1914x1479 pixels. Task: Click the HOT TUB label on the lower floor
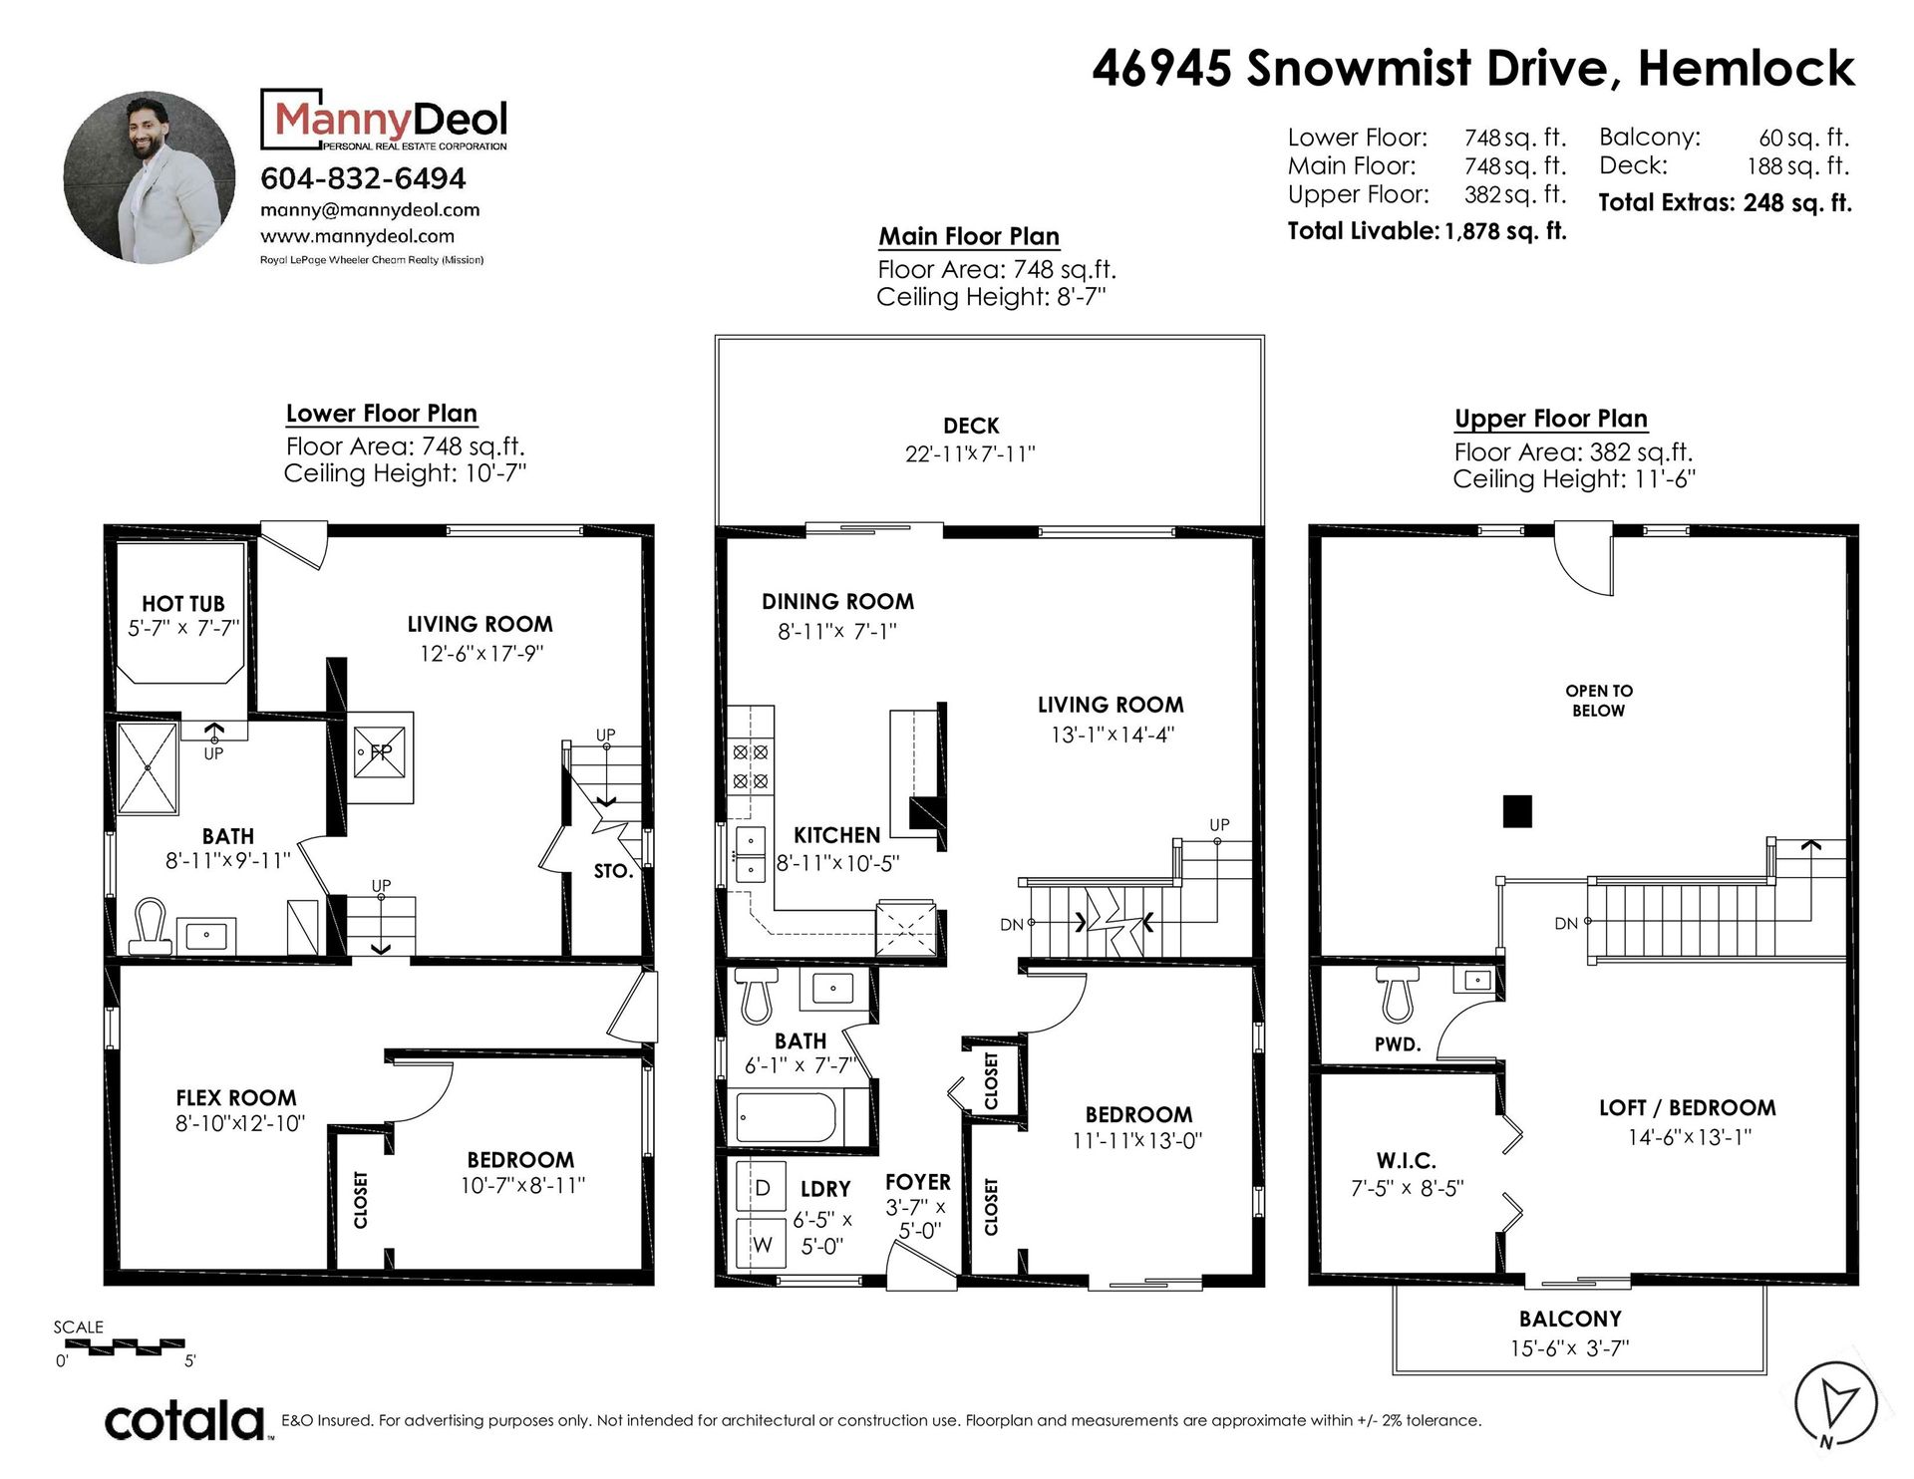pos(183,603)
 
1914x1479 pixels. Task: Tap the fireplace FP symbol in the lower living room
pos(381,752)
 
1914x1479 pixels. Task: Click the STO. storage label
pos(613,871)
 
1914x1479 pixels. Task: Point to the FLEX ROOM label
pos(236,1097)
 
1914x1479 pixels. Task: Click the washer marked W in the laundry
pos(762,1243)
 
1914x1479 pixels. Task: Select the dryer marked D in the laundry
pos(762,1188)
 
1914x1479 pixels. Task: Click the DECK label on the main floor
pos(971,426)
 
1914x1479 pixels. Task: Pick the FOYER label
pos(918,1182)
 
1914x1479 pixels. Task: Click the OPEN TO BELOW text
pos(1599,701)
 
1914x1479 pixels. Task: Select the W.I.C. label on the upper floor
pos(1407,1161)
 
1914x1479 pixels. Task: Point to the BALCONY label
pos(1570,1319)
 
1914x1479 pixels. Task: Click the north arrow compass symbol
pos(1828,1404)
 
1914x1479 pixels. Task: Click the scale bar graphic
pos(121,1345)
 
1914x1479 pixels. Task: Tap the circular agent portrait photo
pos(151,178)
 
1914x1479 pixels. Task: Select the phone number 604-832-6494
pos(363,178)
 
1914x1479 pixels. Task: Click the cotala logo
pos(185,1420)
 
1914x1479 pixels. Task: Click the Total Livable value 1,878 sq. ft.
pos(1505,231)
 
